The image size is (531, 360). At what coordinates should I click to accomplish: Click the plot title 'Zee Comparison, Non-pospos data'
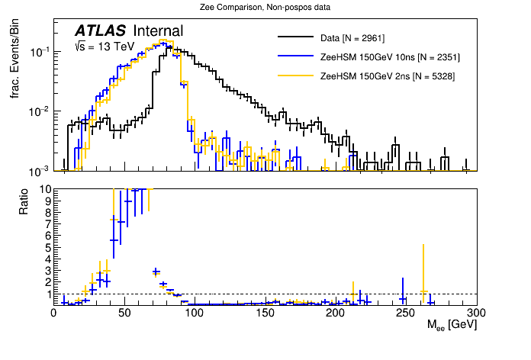[265, 7]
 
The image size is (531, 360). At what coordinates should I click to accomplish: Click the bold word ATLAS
[100, 31]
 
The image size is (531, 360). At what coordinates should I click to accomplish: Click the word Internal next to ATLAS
[158, 31]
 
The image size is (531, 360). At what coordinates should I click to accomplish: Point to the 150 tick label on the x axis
[265, 312]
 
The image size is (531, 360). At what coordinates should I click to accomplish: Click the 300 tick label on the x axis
[477, 312]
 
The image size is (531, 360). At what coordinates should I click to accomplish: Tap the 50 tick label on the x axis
[124, 312]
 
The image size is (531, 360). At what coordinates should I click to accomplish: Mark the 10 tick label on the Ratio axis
[45, 189]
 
